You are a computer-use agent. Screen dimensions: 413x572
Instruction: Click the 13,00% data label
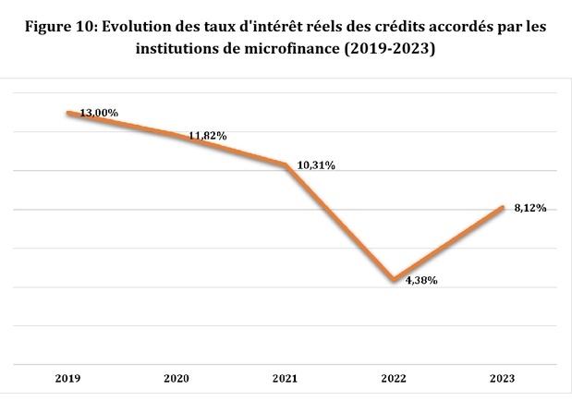click(x=99, y=112)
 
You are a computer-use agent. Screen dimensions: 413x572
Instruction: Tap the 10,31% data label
click(x=315, y=165)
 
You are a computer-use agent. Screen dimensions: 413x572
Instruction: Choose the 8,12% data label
click(x=529, y=208)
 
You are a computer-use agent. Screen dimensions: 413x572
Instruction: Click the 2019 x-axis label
click(x=67, y=378)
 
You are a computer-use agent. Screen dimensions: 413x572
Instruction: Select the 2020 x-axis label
click(x=176, y=378)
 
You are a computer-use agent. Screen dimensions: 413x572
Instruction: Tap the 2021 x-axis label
click(x=286, y=378)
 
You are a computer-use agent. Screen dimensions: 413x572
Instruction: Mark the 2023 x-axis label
click(x=503, y=378)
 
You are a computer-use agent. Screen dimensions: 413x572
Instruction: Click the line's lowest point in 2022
click(x=395, y=279)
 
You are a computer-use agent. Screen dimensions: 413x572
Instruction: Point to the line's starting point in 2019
click(x=67, y=113)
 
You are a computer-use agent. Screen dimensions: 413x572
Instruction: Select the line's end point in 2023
click(x=503, y=207)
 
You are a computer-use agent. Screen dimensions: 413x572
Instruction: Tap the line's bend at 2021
click(x=286, y=164)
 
